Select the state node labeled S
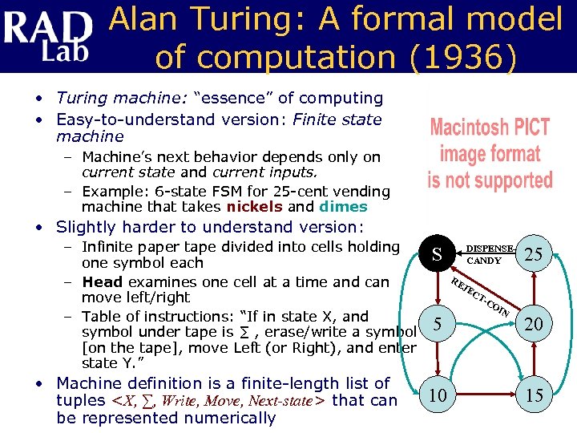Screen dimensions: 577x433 pos(437,254)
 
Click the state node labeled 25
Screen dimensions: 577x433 pos(533,254)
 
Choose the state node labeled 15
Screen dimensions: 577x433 pos(533,395)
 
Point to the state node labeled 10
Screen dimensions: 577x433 pos(438,395)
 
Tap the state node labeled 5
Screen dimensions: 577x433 pos(438,323)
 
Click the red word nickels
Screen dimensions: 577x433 pos(258,207)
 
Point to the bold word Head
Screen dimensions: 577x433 pos(102,282)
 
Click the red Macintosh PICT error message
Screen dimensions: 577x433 pos(490,153)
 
